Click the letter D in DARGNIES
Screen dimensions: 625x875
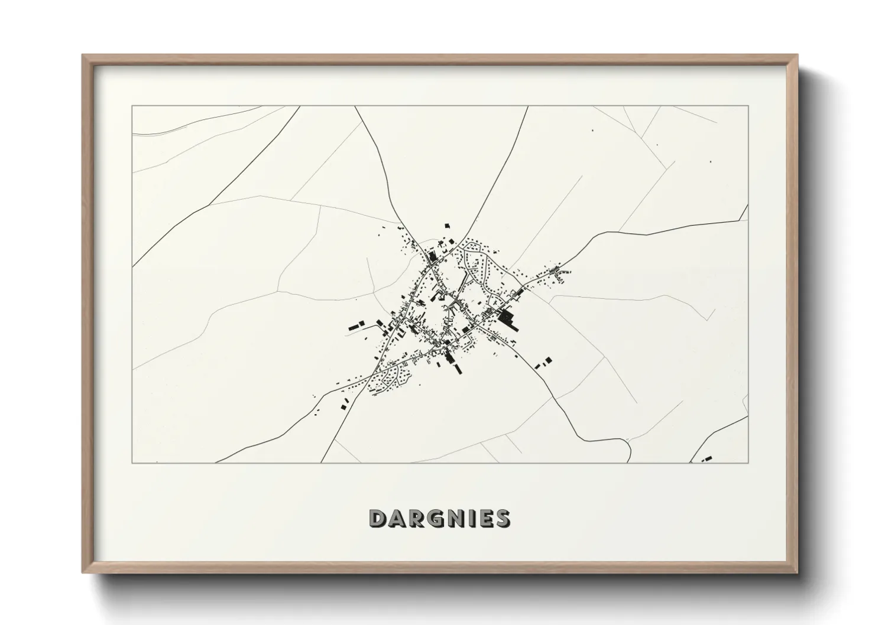[378, 518]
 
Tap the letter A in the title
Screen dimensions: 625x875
[396, 518]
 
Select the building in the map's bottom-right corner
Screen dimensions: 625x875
[707, 458]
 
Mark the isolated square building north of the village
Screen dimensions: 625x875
[448, 226]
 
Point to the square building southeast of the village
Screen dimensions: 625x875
[548, 359]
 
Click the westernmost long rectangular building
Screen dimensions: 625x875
[355, 325]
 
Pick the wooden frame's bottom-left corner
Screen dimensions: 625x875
[83, 572]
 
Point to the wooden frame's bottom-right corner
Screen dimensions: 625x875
[797, 572]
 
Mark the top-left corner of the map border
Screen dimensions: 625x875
[132, 106]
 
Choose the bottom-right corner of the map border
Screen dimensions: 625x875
[748, 463]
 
